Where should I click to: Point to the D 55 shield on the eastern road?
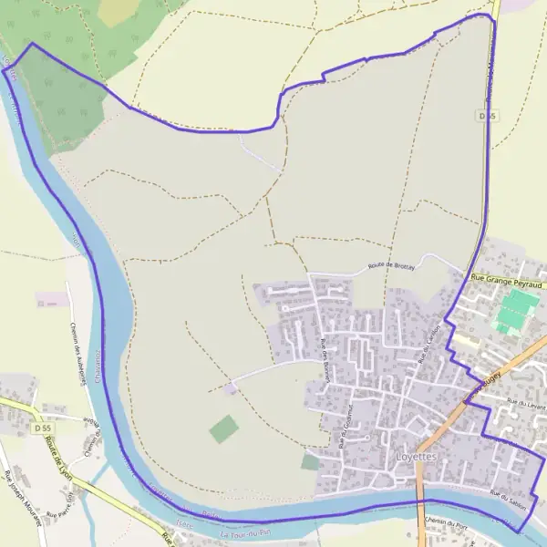pyautogui.click(x=490, y=116)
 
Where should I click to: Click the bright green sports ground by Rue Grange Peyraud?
pyautogui.click(x=516, y=311)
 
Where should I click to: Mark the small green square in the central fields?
pyautogui.click(x=222, y=428)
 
